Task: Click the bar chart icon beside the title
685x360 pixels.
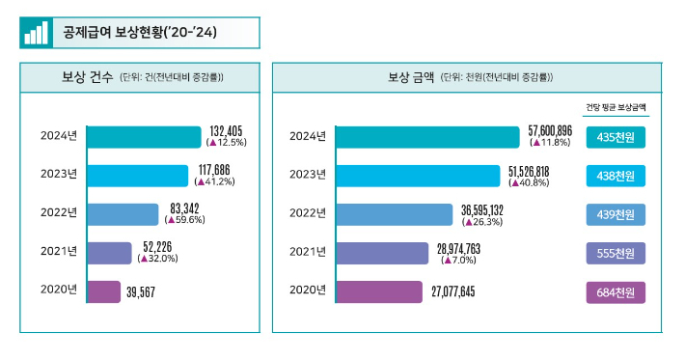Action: pyautogui.click(x=36, y=33)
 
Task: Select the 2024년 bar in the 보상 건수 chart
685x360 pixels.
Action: pyautogui.click(x=144, y=136)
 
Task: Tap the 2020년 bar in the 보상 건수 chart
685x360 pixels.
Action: pyautogui.click(x=103, y=291)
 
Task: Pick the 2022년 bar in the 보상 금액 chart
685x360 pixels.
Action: pyautogui.click(x=393, y=214)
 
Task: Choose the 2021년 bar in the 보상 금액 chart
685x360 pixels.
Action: pyautogui.click(x=381, y=253)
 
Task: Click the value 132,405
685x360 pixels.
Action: pyautogui.click(x=229, y=130)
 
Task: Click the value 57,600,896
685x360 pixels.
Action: pyautogui.click(x=550, y=130)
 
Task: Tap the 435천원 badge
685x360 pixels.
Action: pyautogui.click(x=616, y=137)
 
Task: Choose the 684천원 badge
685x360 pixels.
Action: pyautogui.click(x=616, y=291)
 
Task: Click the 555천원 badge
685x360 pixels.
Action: pyautogui.click(x=616, y=253)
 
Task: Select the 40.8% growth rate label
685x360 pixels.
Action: pyautogui.click(x=529, y=181)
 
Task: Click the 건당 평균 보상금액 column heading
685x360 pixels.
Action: pyautogui.click(x=616, y=107)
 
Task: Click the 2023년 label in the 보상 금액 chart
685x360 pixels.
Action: pyautogui.click(x=308, y=175)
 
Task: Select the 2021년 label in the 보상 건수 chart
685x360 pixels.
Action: pyautogui.click(x=59, y=252)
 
